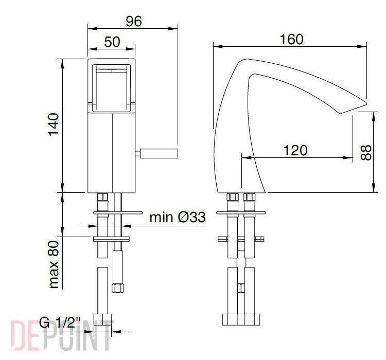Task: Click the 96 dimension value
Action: [x=134, y=21]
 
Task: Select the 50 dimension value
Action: [x=112, y=42]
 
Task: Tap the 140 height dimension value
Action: [x=54, y=124]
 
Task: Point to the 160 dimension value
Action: [x=291, y=40]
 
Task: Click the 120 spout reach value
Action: [x=295, y=150]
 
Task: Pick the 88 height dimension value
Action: [x=366, y=153]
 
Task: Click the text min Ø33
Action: [x=178, y=217]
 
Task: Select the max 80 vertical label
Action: [x=54, y=264]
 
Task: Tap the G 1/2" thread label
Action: [x=60, y=323]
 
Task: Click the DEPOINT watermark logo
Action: [x=62, y=335]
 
